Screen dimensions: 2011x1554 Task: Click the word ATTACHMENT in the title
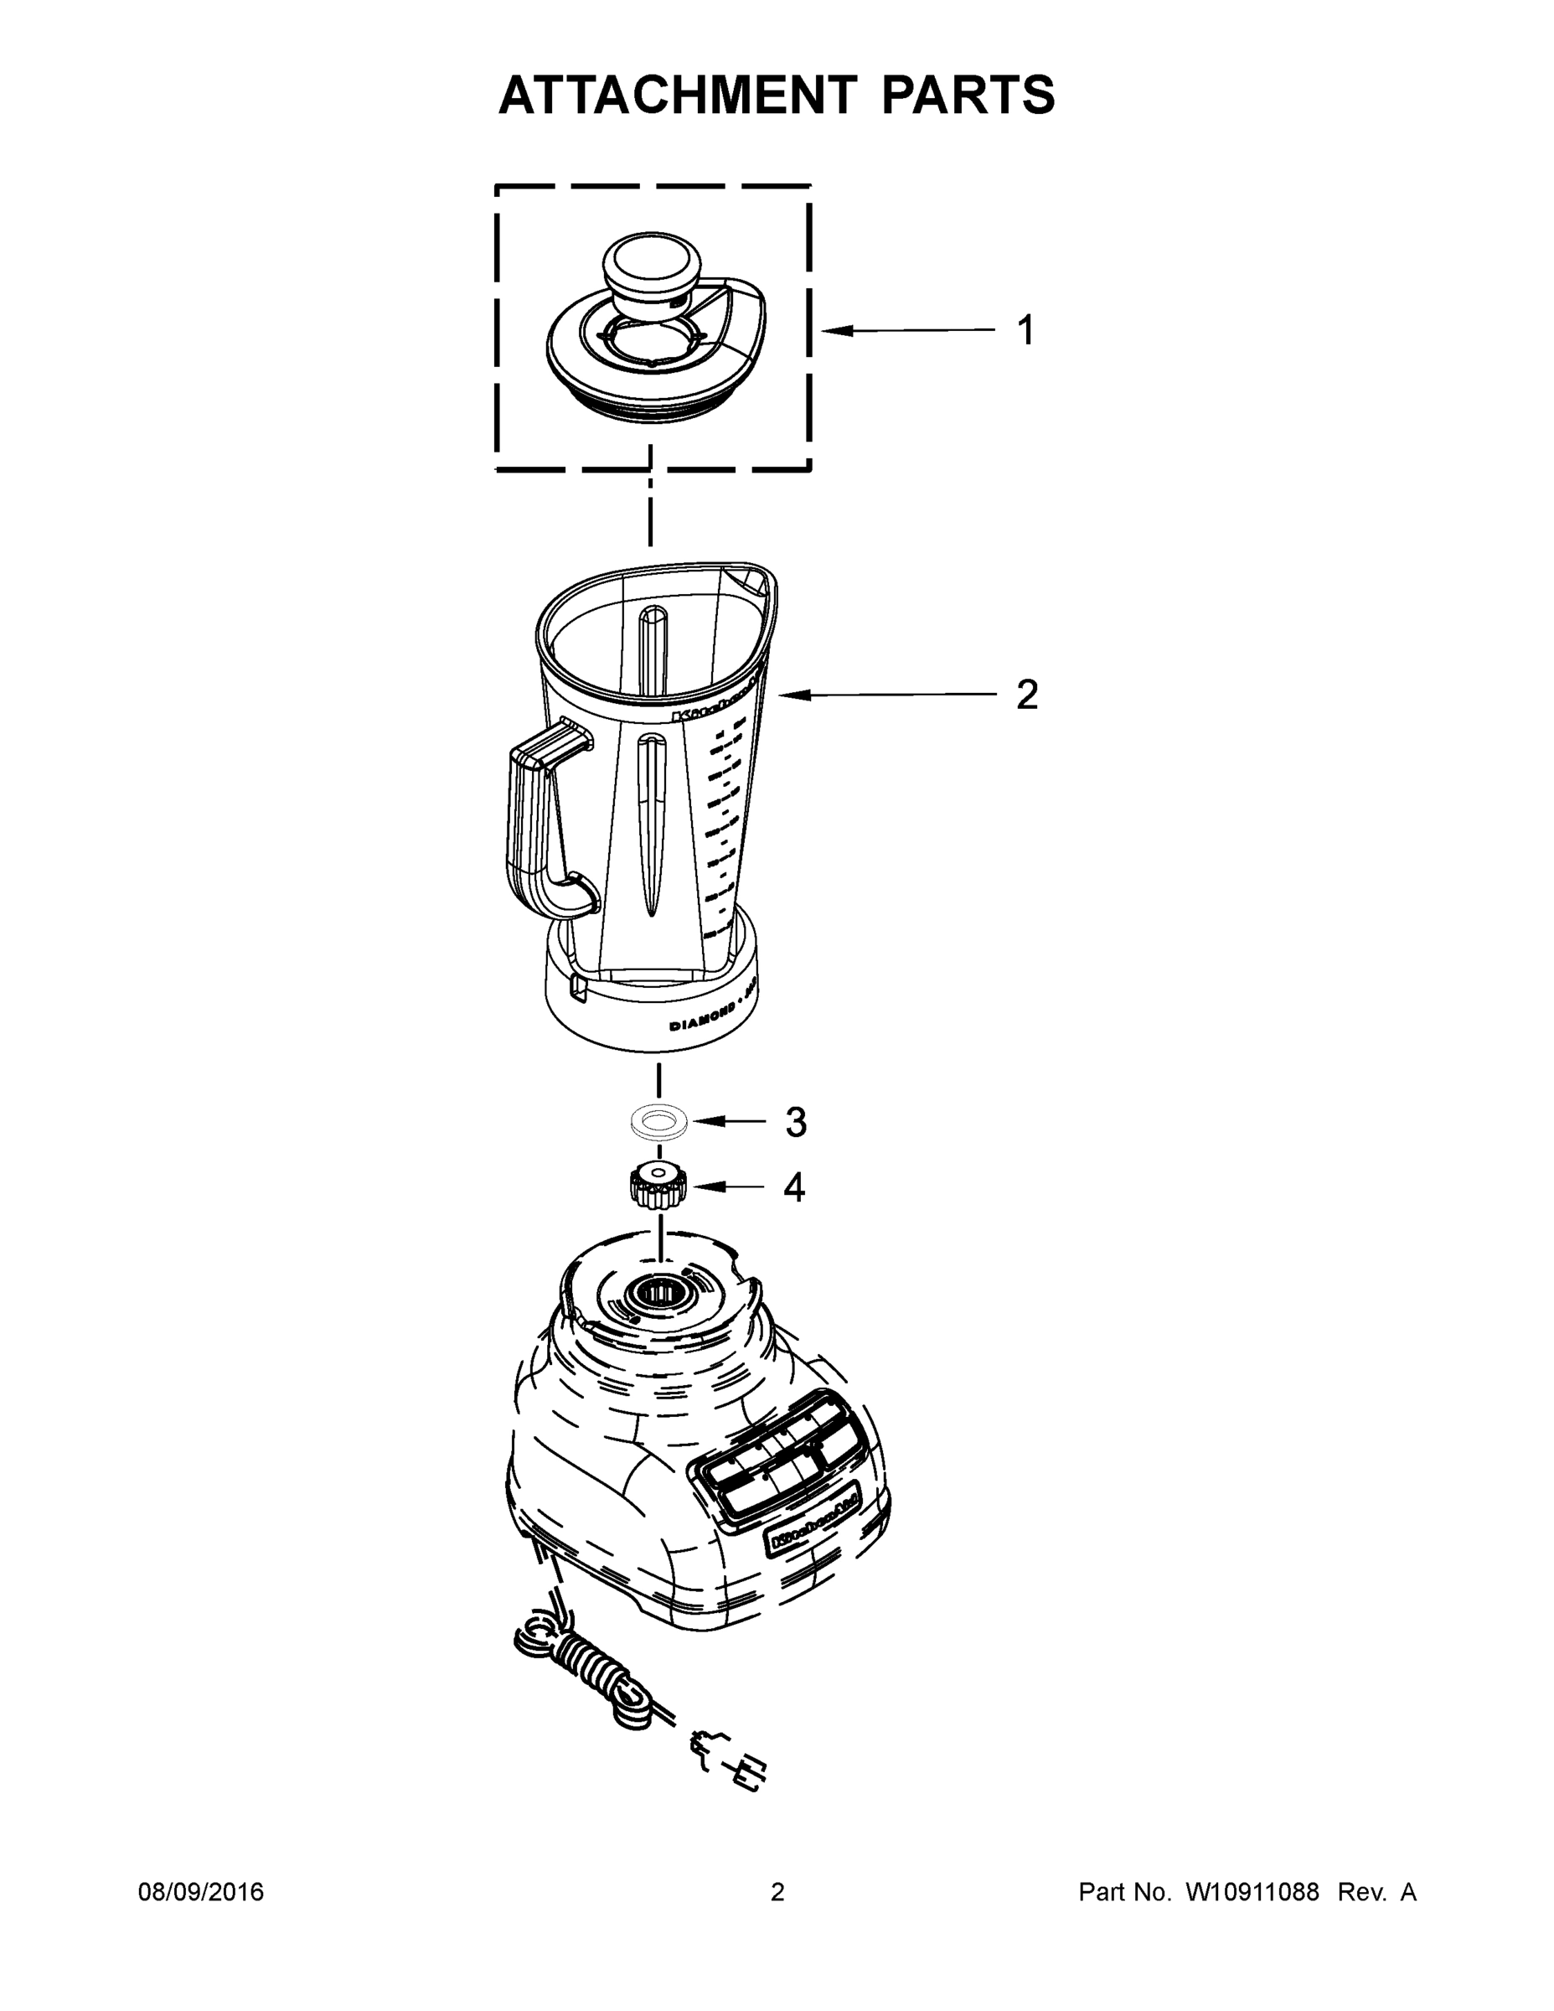coord(678,96)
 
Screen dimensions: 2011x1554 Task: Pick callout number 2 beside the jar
coord(1026,695)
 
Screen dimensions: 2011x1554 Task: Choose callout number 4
coord(793,1188)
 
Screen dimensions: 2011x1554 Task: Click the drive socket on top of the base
coord(658,1293)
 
